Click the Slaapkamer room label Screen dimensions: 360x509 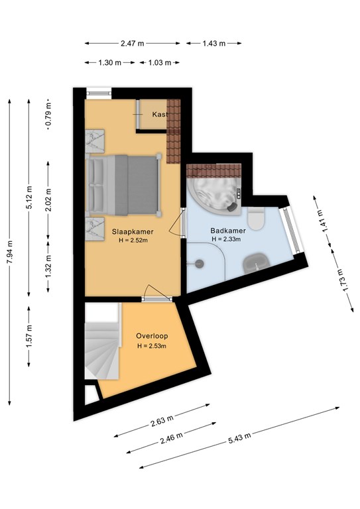(x=133, y=231)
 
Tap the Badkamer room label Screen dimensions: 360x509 (x=228, y=231)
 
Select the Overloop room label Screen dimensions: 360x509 (x=152, y=336)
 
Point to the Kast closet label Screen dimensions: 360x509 (x=160, y=114)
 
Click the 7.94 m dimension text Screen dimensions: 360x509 (x=10, y=253)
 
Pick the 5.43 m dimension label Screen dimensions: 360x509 (x=239, y=438)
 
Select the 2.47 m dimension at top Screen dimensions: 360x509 (x=133, y=43)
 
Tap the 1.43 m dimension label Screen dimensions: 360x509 (x=214, y=43)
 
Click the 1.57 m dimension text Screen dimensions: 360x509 (x=29, y=336)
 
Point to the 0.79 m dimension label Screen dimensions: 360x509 (x=48, y=115)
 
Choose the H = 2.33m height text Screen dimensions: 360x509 (x=226, y=239)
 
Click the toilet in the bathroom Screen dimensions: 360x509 (x=256, y=218)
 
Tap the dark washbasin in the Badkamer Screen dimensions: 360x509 (x=257, y=262)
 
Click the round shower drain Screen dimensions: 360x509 (x=200, y=263)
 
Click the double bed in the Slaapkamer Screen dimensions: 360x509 (x=123, y=185)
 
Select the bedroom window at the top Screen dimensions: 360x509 (x=99, y=93)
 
